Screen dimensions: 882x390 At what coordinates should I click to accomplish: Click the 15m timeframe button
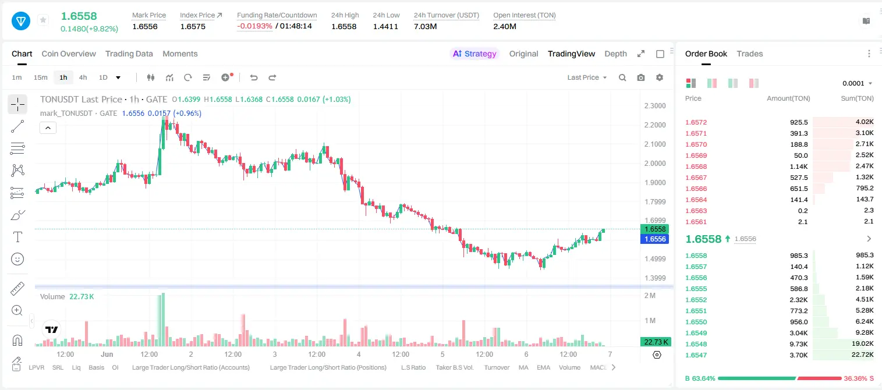click(x=41, y=77)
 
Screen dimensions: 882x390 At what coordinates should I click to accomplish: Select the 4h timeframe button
click(x=83, y=77)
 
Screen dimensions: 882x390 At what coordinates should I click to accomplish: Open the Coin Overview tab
click(x=69, y=54)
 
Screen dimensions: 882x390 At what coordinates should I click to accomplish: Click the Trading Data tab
click(x=129, y=54)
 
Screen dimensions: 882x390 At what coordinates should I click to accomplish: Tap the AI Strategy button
click(x=474, y=54)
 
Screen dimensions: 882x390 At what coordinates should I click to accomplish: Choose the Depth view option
click(x=615, y=54)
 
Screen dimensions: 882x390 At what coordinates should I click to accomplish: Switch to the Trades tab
click(x=750, y=54)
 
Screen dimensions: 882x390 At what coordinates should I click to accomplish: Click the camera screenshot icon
click(x=641, y=77)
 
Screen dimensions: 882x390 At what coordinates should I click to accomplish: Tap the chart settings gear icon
click(x=660, y=77)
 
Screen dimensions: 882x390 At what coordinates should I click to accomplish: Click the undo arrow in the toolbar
click(x=254, y=77)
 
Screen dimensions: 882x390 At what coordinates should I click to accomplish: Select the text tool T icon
click(x=17, y=237)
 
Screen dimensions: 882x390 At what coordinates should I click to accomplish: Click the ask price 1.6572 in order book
click(x=696, y=122)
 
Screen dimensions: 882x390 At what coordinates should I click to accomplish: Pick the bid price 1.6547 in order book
click(x=696, y=355)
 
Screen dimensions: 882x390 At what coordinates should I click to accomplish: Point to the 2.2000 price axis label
click(x=655, y=125)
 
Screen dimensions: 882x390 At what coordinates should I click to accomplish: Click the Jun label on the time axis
click(x=107, y=354)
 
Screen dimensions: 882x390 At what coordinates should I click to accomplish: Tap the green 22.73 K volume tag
click(x=656, y=342)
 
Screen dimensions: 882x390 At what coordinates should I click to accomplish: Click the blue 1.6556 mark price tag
click(x=655, y=239)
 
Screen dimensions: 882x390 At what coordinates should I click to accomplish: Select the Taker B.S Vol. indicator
click(x=454, y=367)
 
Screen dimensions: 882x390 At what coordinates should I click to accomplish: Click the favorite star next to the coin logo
click(x=43, y=20)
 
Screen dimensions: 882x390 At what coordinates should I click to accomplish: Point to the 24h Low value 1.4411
click(x=385, y=26)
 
